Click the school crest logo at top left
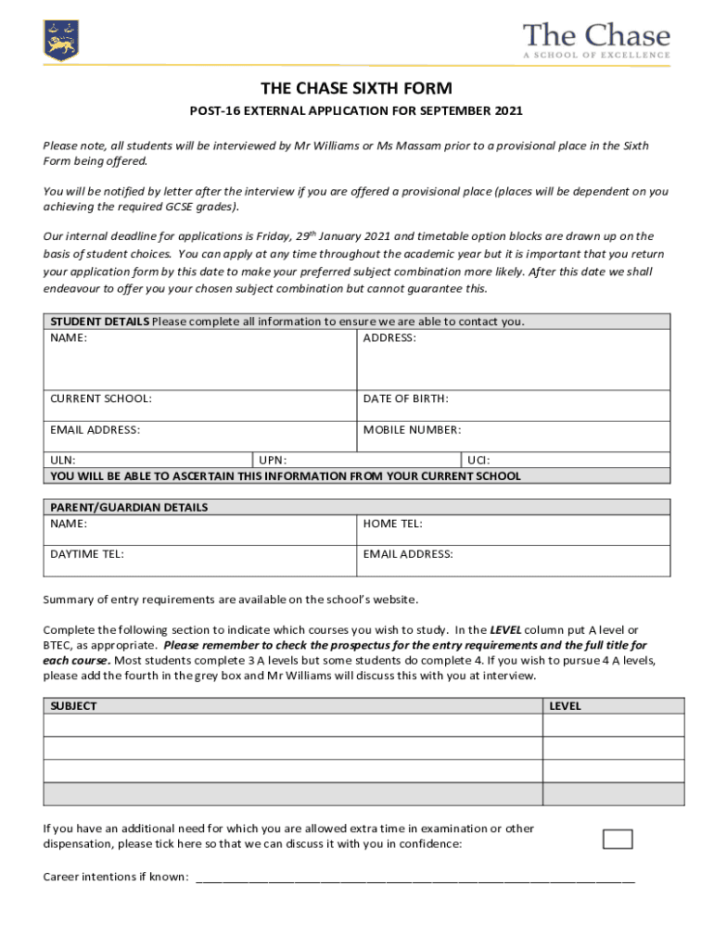pyautogui.click(x=62, y=38)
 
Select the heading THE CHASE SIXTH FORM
pyautogui.click(x=356, y=89)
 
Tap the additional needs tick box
pyautogui.click(x=618, y=839)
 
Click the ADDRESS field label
pyautogui.click(x=389, y=338)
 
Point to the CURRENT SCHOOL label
pyautogui.click(x=101, y=399)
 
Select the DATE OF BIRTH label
pyautogui.click(x=406, y=399)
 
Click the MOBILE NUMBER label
pyautogui.click(x=412, y=430)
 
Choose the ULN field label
pyautogui.click(x=63, y=460)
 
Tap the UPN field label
pyautogui.click(x=273, y=460)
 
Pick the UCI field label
pyautogui.click(x=478, y=460)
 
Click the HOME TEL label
pyautogui.click(x=393, y=524)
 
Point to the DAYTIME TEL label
pyautogui.click(x=87, y=554)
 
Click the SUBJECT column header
pyautogui.click(x=73, y=705)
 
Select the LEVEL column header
pyautogui.click(x=565, y=705)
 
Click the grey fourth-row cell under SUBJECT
pyautogui.click(x=292, y=794)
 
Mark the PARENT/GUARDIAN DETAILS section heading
pyautogui.click(x=129, y=507)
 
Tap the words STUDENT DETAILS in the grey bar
pyautogui.click(x=99, y=322)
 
